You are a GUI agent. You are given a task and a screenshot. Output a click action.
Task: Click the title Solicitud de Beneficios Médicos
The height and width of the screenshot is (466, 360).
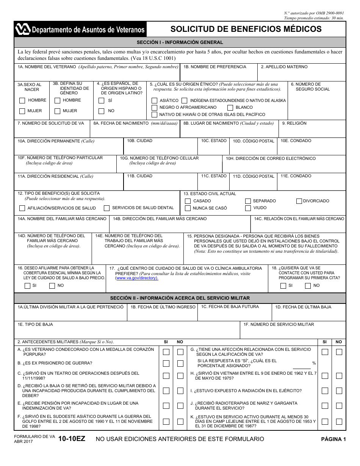click(246, 29)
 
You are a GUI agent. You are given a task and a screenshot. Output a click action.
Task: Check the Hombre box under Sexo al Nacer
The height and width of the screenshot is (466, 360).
click(22, 100)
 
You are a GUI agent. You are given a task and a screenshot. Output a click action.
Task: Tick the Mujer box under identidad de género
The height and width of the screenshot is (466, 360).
click(57, 111)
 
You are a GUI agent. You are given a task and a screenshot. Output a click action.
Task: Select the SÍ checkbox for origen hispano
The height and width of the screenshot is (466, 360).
click(101, 100)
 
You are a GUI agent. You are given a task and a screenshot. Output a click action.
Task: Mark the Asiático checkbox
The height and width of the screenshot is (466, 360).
click(154, 100)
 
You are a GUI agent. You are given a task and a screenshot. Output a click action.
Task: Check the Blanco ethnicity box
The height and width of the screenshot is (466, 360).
click(230, 108)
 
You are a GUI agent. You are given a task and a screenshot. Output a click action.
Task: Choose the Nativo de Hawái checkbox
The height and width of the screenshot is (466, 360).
click(154, 114)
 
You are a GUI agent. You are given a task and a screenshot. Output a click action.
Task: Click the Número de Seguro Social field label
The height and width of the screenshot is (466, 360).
click(313, 87)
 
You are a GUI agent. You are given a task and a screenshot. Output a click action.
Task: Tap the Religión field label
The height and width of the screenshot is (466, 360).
click(294, 124)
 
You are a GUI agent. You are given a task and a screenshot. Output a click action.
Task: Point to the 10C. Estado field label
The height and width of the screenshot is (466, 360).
click(214, 141)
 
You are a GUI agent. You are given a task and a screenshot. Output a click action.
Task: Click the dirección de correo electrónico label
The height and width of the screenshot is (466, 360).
click(271, 159)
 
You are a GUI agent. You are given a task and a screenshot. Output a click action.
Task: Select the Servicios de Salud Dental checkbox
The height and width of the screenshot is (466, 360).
click(106, 208)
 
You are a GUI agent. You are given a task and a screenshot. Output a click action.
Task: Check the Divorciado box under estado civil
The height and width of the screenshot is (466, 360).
click(299, 201)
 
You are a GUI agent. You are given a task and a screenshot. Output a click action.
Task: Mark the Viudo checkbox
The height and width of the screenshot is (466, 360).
click(248, 208)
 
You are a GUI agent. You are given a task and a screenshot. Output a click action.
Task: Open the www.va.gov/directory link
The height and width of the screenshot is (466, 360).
click(137, 278)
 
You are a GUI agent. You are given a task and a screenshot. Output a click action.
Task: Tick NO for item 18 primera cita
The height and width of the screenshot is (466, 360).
click(308, 286)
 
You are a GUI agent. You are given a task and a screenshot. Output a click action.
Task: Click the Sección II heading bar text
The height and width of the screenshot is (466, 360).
click(180, 298)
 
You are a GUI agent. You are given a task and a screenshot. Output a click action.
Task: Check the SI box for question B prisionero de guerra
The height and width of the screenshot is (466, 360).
click(166, 364)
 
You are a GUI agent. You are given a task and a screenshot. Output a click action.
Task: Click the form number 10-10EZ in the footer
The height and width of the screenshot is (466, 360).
click(72, 439)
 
